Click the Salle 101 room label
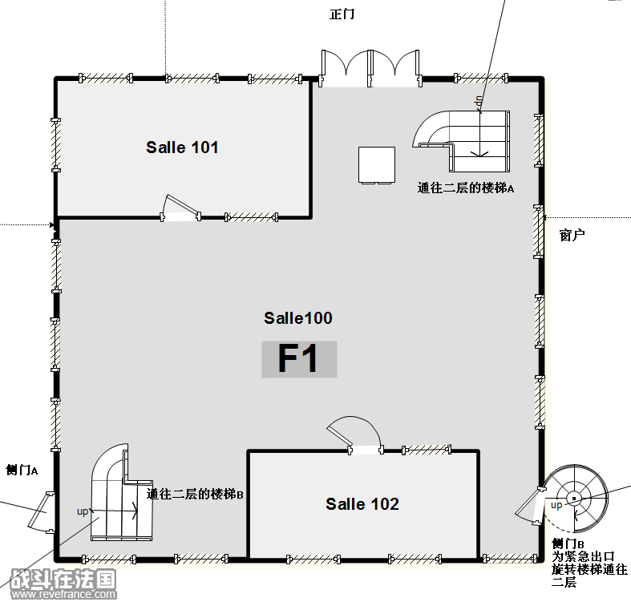tap(182, 147)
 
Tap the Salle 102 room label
tap(362, 504)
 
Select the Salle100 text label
tap(298, 318)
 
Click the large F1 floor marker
tap(298, 358)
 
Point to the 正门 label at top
tap(342, 14)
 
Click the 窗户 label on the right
tap(572, 235)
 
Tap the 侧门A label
tap(22, 470)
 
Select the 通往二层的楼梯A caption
tap(466, 188)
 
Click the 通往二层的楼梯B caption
tap(195, 494)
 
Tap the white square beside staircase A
tap(377, 165)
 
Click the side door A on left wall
tap(41, 512)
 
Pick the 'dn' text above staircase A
tap(479, 101)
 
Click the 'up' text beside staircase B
tap(83, 511)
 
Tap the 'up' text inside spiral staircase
tap(556, 505)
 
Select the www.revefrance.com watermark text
tap(63, 594)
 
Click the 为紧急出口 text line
tap(583, 556)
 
